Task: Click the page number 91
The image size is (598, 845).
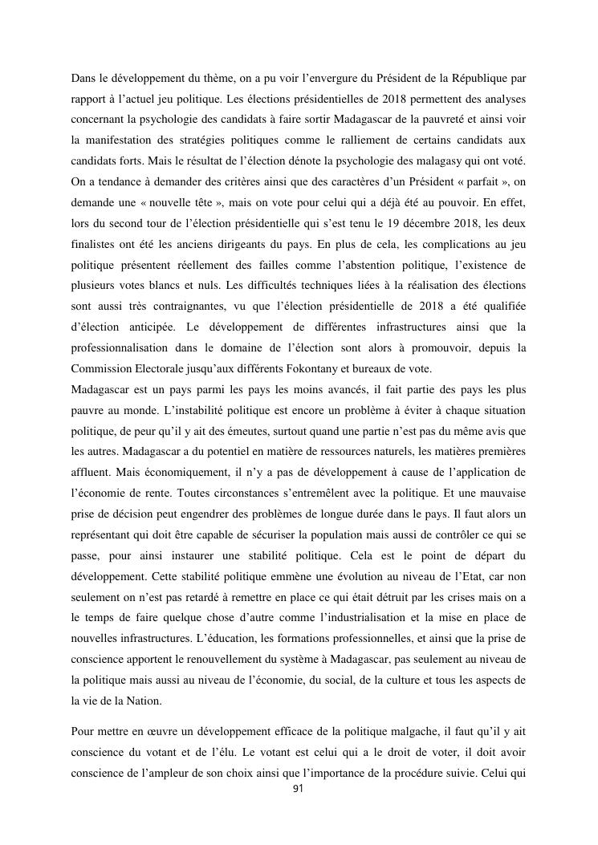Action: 299,788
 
